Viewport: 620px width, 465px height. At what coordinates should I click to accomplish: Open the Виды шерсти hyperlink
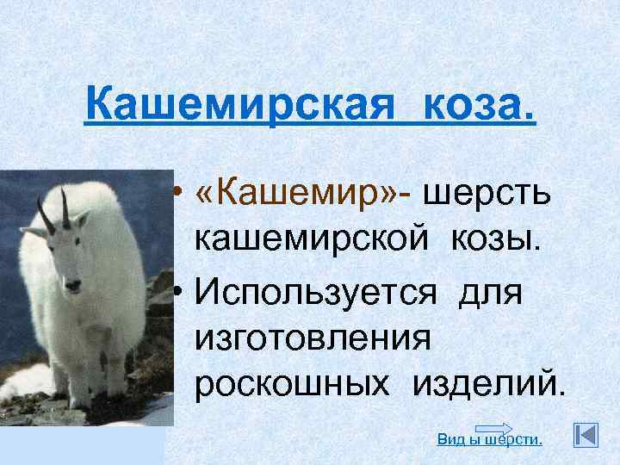tap(490, 440)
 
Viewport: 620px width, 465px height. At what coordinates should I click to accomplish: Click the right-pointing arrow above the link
tap(493, 429)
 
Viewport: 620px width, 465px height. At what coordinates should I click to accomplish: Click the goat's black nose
tap(74, 283)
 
